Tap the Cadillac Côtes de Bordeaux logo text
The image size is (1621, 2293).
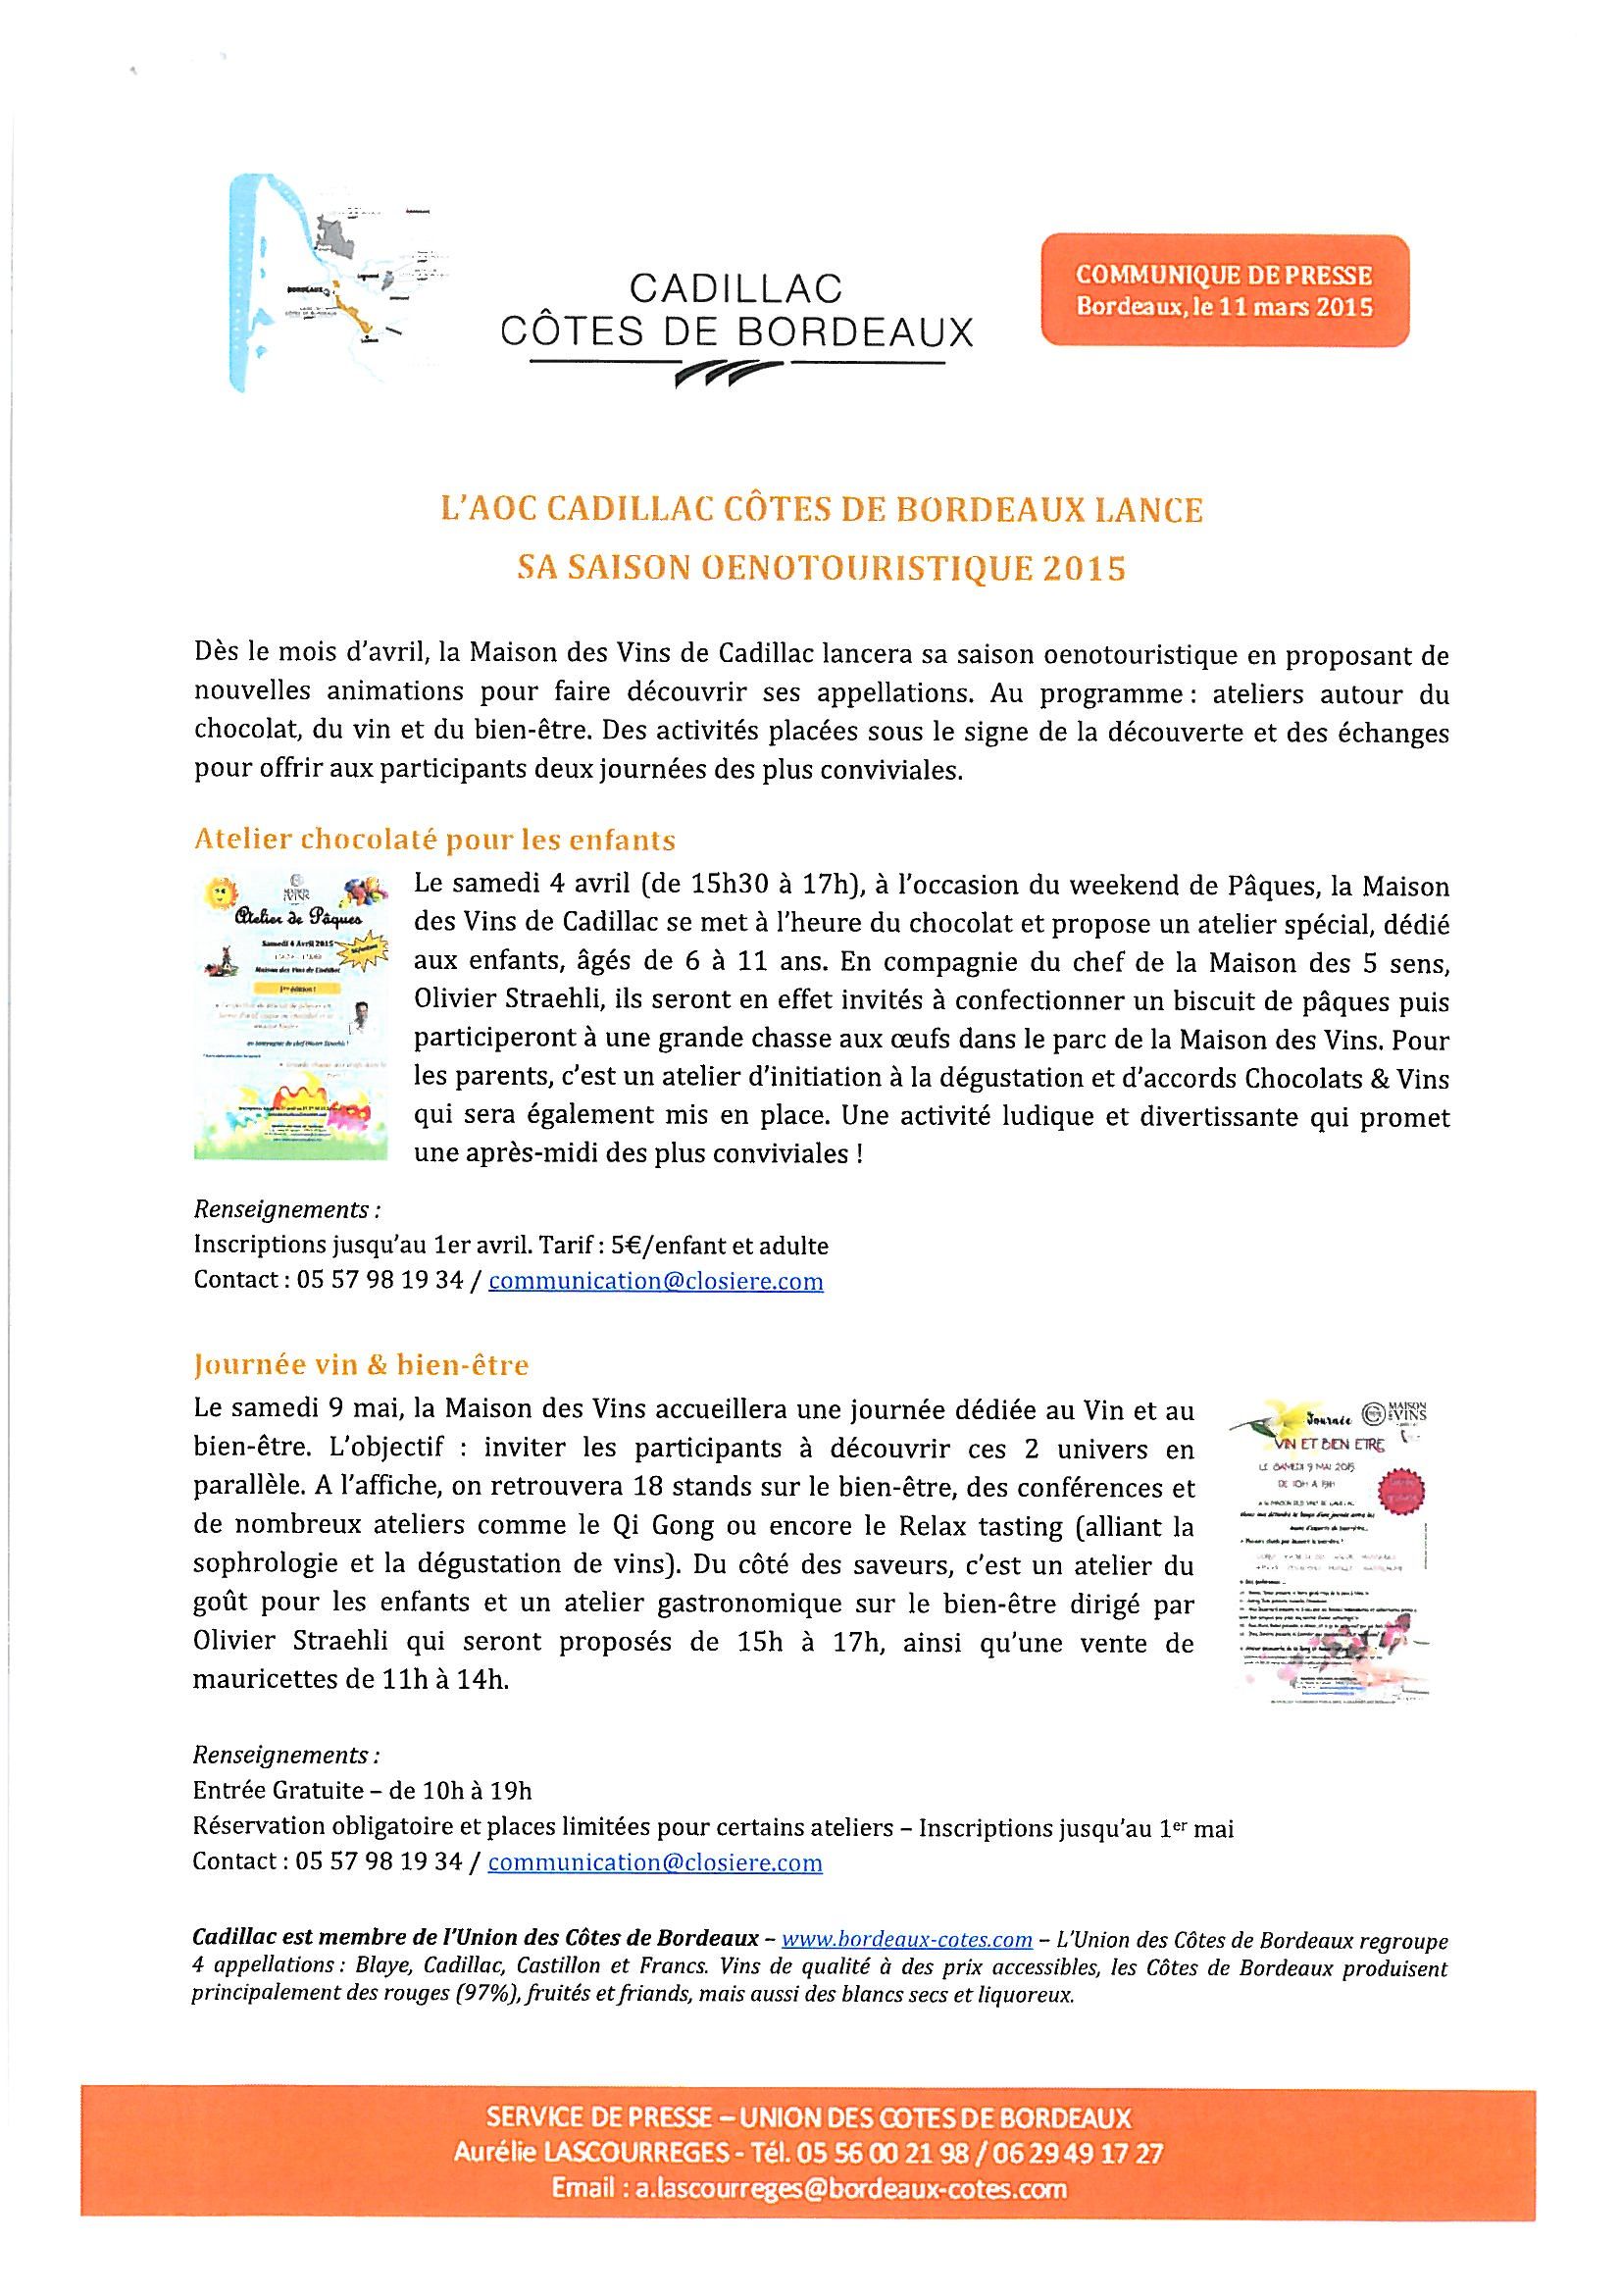736,310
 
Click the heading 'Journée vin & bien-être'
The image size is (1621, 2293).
361,1364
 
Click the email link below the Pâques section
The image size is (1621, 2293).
656,1281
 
